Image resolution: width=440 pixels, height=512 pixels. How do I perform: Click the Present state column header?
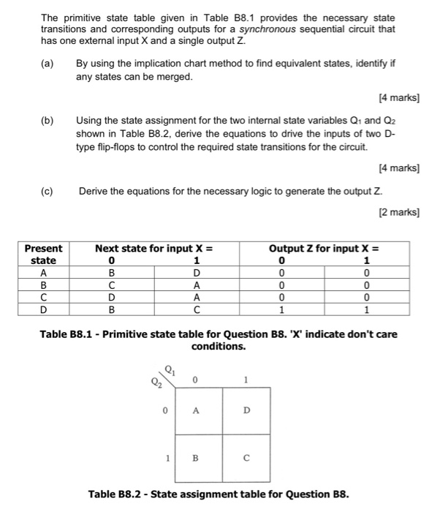click(44, 254)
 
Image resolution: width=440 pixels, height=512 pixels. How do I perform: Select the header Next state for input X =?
click(153, 248)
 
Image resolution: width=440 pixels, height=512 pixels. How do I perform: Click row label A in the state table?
click(44, 273)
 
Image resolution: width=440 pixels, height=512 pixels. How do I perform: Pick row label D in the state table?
click(44, 310)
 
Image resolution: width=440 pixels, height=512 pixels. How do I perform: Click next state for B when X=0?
click(111, 285)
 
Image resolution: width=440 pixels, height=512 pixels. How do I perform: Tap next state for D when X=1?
click(196, 310)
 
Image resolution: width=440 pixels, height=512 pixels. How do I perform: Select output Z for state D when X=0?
click(282, 310)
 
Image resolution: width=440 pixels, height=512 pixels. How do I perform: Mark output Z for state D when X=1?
click(368, 310)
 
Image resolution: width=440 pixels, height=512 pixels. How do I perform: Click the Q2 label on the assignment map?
click(156, 381)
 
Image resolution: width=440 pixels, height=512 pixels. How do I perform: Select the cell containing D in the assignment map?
click(246, 411)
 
